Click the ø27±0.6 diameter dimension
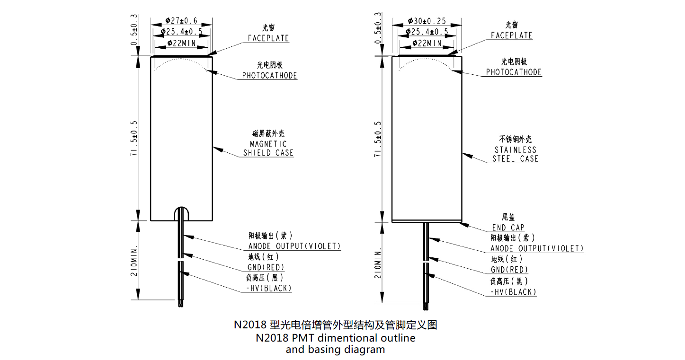181,20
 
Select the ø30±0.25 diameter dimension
427,21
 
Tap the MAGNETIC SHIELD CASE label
268,148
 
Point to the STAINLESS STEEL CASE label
515,154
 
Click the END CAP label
508,228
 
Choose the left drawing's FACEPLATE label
268,38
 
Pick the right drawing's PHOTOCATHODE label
514,72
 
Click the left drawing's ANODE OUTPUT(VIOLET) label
294,246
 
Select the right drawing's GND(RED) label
509,270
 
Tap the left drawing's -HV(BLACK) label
269,288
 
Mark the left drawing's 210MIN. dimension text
134,260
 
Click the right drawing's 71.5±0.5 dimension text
378,139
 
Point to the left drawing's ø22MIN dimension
181,43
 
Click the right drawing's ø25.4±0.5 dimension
427,32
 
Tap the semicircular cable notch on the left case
181,208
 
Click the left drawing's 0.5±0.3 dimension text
134,30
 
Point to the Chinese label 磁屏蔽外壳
268,133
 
